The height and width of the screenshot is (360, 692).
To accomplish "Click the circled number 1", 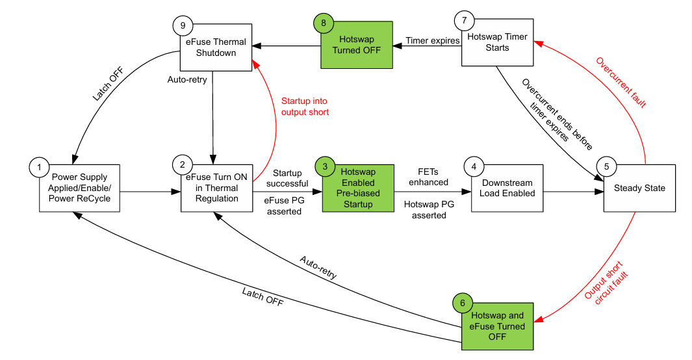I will [x=40, y=167].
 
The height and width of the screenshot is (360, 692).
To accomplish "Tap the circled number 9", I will [x=183, y=25].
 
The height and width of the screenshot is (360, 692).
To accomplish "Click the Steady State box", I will [x=640, y=188].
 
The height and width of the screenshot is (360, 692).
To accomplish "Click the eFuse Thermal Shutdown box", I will [x=216, y=48].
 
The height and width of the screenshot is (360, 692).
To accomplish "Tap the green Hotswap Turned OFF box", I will [x=356, y=45].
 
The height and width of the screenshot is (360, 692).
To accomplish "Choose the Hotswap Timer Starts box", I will [x=498, y=43].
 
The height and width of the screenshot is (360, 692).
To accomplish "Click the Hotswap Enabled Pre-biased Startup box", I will [x=358, y=188].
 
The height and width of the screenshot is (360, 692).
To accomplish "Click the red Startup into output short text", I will [x=305, y=107].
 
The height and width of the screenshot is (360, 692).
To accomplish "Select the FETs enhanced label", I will [x=428, y=177].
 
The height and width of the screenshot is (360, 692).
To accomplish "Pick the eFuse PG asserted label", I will [x=283, y=206].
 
